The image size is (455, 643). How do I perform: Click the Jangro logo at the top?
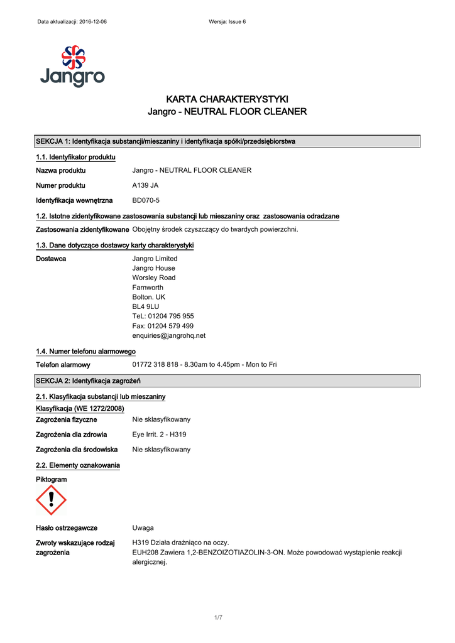pos(72,66)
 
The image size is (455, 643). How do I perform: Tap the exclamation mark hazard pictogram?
pos(51,500)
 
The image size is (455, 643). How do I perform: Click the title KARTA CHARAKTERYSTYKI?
pos(227,99)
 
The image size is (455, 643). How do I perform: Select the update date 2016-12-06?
pos(93,22)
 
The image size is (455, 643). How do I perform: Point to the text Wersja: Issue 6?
pos(227,22)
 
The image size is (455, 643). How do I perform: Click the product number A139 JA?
pos(145,185)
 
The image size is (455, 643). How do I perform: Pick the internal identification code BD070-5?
pos(146,200)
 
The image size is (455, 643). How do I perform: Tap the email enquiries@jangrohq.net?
pos(168,335)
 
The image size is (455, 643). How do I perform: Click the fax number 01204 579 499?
pos(163,326)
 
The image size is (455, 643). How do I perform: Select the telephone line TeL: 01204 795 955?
pos(163,316)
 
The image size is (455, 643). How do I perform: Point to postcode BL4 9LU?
pos(145,306)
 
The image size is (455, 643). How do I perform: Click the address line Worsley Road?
pos(153,278)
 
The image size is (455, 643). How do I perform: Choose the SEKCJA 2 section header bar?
pos(227,381)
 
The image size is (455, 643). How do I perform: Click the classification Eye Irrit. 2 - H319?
pos(159,434)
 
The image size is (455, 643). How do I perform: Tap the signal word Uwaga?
pos(143,528)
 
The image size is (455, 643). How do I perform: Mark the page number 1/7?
pos(218,617)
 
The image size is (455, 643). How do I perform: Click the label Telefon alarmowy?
pos(63,365)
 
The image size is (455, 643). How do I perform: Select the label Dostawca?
pos(51,259)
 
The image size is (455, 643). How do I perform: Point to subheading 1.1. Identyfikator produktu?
pos(75,156)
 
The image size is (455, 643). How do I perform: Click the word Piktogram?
pos(51,479)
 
